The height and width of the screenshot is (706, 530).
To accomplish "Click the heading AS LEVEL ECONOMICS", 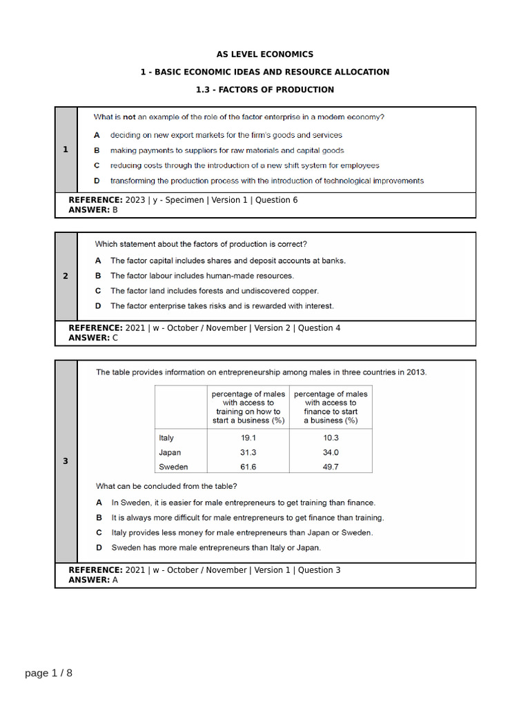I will [x=265, y=54].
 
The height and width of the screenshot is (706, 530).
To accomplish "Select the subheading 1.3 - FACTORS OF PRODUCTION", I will [x=265, y=90].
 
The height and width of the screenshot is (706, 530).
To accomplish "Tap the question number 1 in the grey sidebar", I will [x=66, y=150].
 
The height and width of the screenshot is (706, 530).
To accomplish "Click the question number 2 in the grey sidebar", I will [x=66, y=276].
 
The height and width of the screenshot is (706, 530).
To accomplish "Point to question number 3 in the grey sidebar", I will [x=66, y=461].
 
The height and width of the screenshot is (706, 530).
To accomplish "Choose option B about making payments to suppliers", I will [x=227, y=150].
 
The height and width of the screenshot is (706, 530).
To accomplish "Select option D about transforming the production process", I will [x=266, y=181].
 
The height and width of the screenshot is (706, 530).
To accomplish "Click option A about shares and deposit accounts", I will [x=228, y=261].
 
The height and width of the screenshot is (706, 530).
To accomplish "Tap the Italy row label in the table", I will [x=166, y=438].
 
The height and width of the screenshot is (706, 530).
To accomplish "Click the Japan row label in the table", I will [x=170, y=452].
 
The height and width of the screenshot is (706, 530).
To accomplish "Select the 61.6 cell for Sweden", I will [x=248, y=467].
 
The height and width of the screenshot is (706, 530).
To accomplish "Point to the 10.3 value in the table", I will [x=331, y=438].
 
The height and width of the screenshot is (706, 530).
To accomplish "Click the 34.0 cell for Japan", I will [x=331, y=452].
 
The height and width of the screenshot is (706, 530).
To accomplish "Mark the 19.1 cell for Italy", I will [x=248, y=438].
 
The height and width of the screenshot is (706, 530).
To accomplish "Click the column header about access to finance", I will [x=331, y=407].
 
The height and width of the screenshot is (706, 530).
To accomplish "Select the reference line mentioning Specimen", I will [x=183, y=200].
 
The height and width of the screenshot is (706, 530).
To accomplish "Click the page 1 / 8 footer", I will [x=48, y=673].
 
